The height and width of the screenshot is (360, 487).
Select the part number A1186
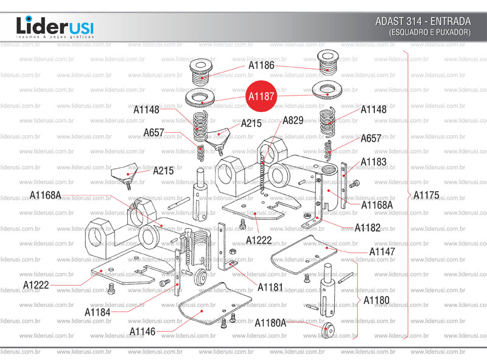pos(261,65)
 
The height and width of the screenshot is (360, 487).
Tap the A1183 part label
pos(373,162)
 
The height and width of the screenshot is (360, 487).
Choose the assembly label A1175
pos(426,196)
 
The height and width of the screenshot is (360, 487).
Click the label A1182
pos(368,228)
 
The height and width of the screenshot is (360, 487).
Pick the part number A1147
pos(382,251)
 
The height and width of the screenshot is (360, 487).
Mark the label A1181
pos(270,287)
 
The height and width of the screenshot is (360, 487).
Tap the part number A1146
pos(142,331)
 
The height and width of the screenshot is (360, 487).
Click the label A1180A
pos(270,322)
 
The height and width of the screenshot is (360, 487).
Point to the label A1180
pos(376,301)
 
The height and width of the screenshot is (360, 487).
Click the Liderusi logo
pos(55,26)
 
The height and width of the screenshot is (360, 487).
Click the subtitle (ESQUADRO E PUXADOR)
pos(430,32)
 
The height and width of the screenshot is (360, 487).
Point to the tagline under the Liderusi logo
pos(55,38)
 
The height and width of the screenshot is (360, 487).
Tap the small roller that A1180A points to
pos(329,330)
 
